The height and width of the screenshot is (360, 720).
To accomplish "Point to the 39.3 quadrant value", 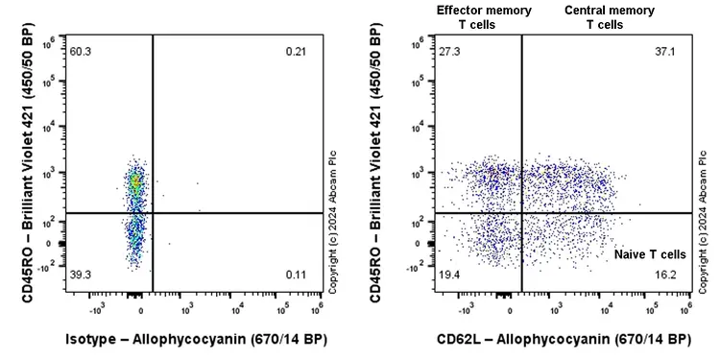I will [x=80, y=275].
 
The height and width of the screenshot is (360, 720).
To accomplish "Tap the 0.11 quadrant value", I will [x=296, y=275].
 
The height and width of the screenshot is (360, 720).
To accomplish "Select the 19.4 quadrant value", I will [x=450, y=275].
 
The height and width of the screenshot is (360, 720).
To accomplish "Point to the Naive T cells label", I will [x=650, y=254].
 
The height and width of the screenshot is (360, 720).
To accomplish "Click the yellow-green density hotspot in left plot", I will [x=136, y=179].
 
